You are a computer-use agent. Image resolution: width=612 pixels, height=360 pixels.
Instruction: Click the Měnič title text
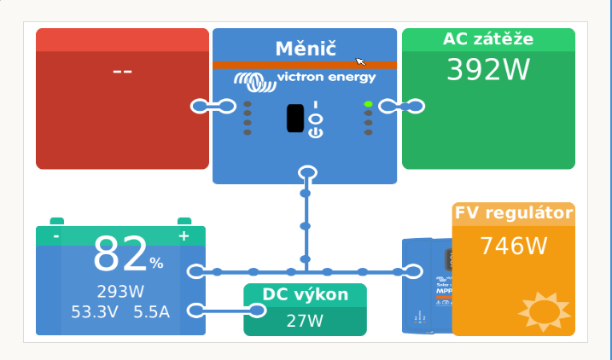(x=305, y=49)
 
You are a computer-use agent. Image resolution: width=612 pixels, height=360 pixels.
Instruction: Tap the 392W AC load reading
(x=488, y=70)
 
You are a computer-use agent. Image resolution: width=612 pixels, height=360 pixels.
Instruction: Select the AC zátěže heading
(x=488, y=39)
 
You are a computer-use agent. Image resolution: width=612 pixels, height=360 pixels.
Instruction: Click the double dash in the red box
(x=122, y=70)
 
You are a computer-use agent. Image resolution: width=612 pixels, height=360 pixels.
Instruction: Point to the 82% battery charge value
(x=128, y=256)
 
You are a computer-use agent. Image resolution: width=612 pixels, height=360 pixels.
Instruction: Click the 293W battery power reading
(x=120, y=292)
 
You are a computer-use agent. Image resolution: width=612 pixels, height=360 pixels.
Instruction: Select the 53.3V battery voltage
(x=94, y=311)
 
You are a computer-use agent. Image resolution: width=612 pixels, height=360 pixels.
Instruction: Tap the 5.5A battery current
(x=152, y=311)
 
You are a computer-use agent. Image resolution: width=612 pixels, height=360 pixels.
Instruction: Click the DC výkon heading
(x=305, y=295)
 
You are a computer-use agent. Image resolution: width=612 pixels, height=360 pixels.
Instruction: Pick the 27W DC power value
(x=305, y=321)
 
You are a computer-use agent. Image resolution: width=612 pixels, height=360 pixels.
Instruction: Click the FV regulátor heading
(x=514, y=213)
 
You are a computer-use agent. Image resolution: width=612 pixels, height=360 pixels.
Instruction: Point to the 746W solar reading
(x=514, y=246)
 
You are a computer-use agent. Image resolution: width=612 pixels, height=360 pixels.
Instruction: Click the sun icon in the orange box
(x=543, y=311)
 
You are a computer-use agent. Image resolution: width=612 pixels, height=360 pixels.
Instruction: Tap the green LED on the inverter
(x=368, y=104)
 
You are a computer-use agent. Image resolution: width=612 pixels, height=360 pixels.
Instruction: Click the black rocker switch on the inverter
(x=295, y=118)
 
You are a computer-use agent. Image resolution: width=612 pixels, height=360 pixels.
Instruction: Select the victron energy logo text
(x=326, y=78)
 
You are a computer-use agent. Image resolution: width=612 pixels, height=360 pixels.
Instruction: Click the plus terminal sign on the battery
(x=184, y=236)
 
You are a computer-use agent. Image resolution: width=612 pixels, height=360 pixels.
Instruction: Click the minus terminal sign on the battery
(x=56, y=236)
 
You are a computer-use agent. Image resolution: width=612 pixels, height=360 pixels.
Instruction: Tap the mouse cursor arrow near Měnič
(x=360, y=61)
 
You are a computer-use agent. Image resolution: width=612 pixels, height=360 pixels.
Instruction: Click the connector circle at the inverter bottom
(x=307, y=173)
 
